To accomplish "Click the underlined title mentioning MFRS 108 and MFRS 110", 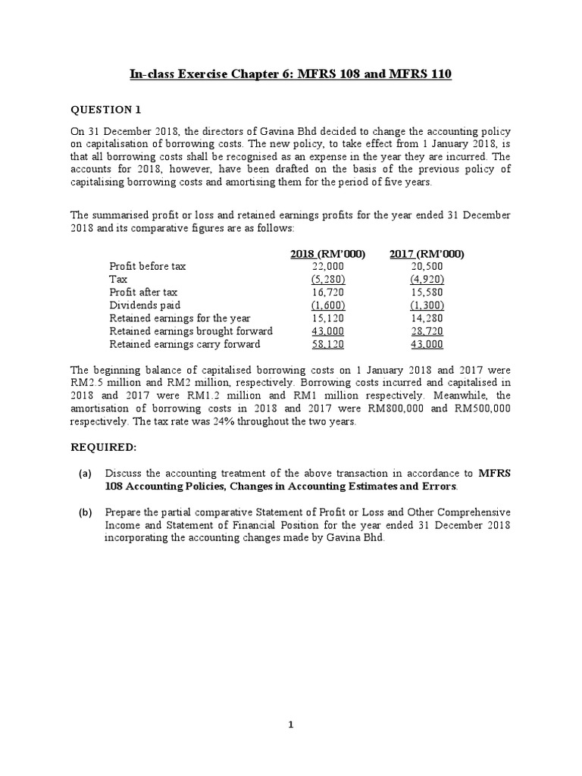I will pos(291,74).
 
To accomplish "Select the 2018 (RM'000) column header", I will pos(327,254).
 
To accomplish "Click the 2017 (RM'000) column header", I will pos(427,254).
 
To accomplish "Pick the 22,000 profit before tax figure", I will pos(328,267).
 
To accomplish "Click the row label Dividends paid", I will pos(145,305).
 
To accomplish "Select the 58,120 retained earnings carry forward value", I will pos(328,344).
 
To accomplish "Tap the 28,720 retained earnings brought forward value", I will pos(427,331).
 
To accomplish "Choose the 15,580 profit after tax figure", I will pos(427,293).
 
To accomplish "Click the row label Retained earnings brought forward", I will pos(191,331).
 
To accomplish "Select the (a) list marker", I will pos(85,473).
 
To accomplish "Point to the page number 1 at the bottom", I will pos(291,724).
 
